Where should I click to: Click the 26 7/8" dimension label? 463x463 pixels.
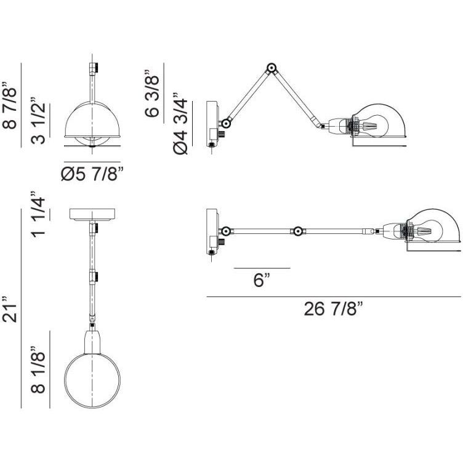[x=332, y=309]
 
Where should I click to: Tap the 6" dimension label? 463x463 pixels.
[x=262, y=280]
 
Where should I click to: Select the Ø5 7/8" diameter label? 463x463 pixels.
[x=92, y=174]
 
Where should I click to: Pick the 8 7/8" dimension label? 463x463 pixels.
[x=9, y=105]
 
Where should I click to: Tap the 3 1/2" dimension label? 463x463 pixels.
[x=38, y=120]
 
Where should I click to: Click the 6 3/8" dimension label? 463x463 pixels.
[x=152, y=94]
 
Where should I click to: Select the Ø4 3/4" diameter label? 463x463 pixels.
[x=180, y=123]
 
